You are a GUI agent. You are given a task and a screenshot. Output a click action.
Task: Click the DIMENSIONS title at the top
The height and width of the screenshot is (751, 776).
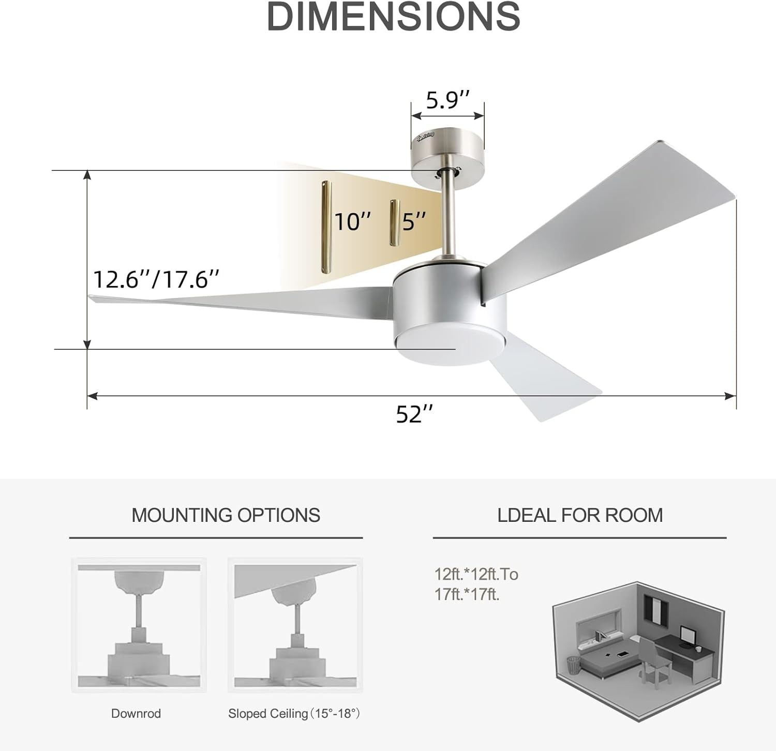tap(393, 17)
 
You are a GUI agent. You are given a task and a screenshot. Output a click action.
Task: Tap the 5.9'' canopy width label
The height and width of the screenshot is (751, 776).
tap(448, 100)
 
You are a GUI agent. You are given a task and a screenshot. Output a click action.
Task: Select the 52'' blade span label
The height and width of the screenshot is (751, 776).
tap(414, 414)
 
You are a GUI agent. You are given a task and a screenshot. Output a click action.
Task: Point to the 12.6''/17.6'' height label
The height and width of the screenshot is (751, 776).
tap(156, 279)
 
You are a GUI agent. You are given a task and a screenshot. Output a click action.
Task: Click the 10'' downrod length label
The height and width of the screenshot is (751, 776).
tap(353, 222)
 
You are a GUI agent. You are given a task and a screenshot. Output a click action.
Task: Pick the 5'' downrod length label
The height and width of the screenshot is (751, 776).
tap(414, 221)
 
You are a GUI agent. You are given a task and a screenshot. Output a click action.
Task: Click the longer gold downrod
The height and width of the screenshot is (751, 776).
tap(326, 226)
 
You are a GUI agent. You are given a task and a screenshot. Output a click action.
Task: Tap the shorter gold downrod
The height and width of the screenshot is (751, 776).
tap(394, 222)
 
